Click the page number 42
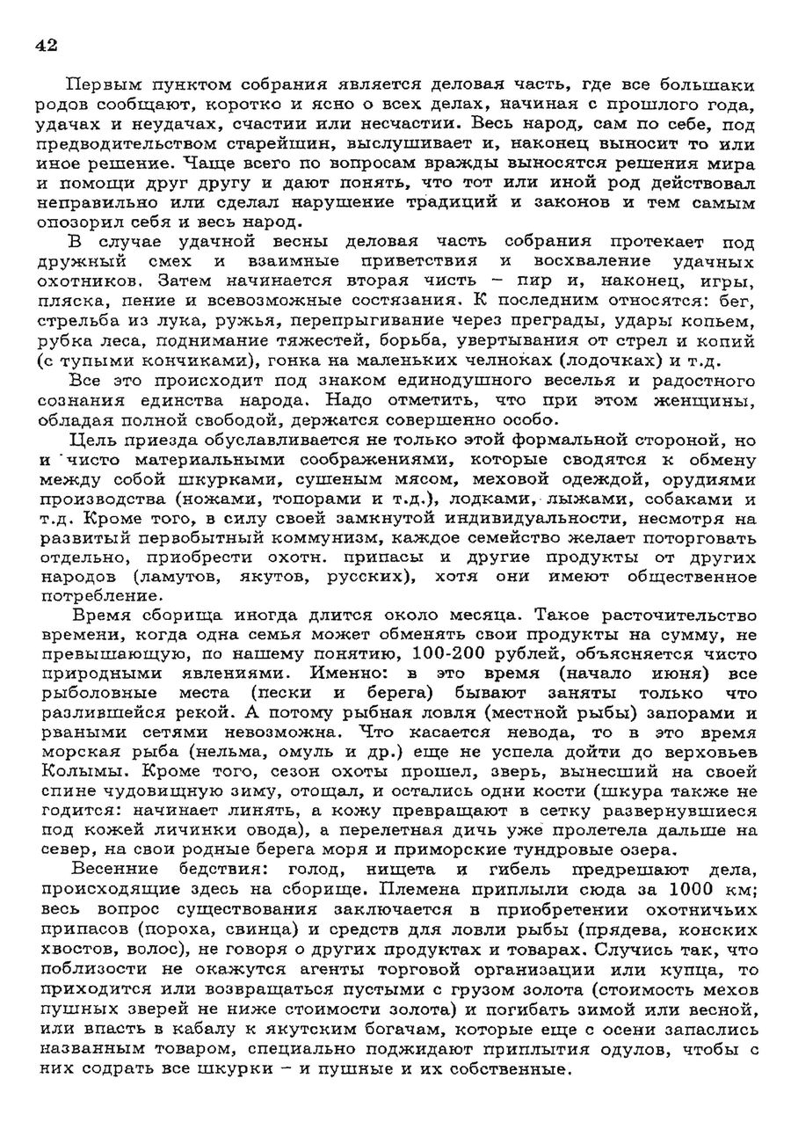(47, 46)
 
